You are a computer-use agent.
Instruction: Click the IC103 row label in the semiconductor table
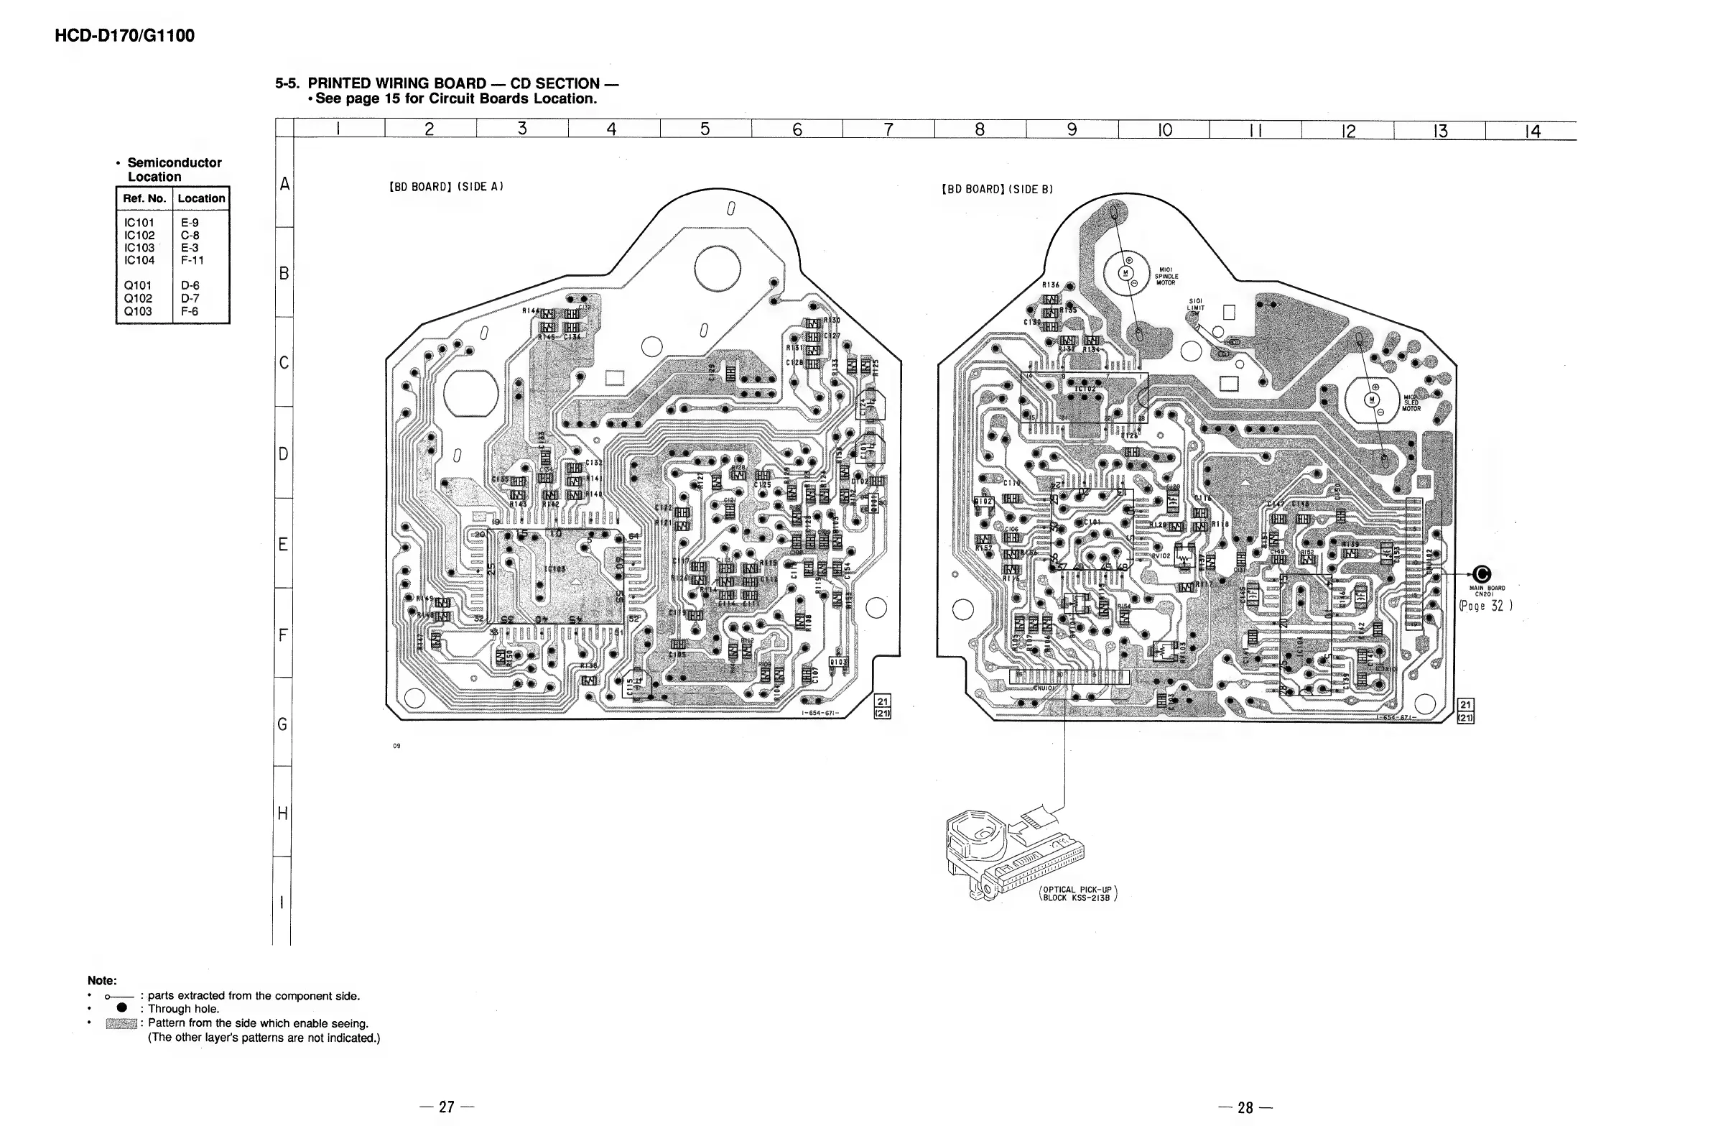[139, 248]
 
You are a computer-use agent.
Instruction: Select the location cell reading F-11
[192, 260]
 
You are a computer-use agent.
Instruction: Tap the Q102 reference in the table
[138, 298]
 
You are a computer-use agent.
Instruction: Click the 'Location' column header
[201, 198]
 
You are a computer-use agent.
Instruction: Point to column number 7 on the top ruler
[888, 129]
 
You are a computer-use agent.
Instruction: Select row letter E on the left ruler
[284, 544]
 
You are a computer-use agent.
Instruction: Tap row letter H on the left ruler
[283, 813]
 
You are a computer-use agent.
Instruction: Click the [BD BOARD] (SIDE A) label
[446, 186]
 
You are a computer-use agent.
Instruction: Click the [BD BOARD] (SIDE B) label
[998, 190]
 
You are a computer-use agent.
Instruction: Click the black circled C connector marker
[1481, 574]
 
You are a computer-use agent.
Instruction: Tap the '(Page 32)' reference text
[1485, 606]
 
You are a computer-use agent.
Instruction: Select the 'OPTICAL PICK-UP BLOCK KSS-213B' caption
[1078, 893]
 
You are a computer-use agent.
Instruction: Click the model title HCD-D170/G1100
[124, 36]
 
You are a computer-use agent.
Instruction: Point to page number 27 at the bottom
[446, 1107]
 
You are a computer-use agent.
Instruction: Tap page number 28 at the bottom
[1245, 1108]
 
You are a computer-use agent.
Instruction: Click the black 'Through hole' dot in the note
[121, 1008]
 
